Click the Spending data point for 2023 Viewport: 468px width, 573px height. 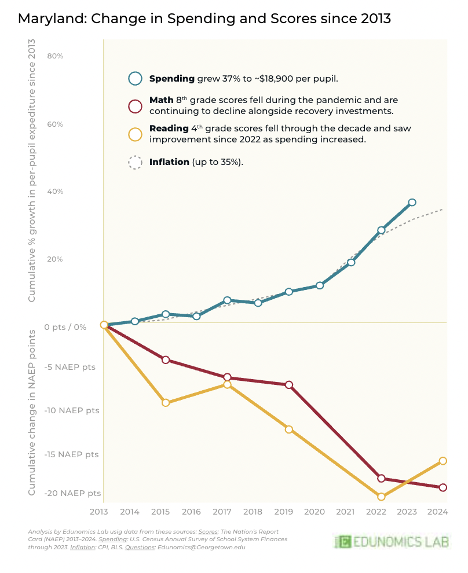[x=412, y=202]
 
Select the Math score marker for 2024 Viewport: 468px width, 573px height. [x=443, y=487]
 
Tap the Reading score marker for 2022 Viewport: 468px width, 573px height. [x=381, y=496]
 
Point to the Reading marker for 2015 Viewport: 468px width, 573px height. [x=166, y=402]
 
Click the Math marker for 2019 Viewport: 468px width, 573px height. [x=289, y=385]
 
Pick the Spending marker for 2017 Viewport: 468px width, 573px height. [x=227, y=300]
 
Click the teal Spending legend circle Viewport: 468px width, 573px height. [x=135, y=79]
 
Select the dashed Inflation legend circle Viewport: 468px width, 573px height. [x=135, y=163]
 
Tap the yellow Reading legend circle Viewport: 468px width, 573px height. [x=135, y=134]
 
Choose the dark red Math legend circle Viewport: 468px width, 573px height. [x=135, y=106]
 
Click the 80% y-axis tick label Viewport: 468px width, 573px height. [x=55, y=56]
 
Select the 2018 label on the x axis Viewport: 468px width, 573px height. [x=253, y=512]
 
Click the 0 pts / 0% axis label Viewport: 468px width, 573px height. [x=65, y=327]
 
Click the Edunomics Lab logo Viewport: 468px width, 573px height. [x=393, y=542]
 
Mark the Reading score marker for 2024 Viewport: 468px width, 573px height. [x=443, y=461]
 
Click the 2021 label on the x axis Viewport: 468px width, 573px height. [x=345, y=512]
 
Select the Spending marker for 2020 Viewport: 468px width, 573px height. [x=320, y=285]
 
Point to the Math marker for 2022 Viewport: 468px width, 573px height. [x=381, y=478]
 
